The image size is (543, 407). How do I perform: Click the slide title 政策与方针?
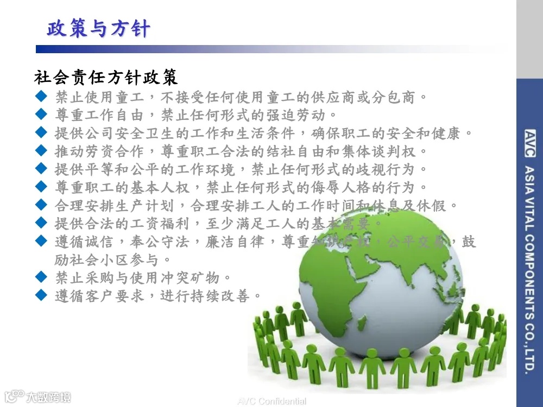pos(98,29)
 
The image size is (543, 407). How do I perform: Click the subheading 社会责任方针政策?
pos(106,78)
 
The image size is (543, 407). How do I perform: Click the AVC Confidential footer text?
pos(271,402)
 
